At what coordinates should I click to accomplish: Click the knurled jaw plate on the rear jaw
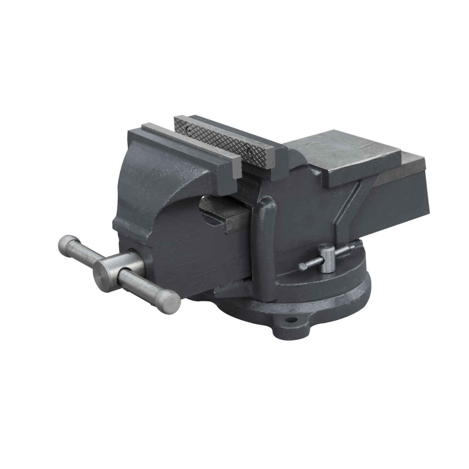pyautogui.click(x=224, y=141)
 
